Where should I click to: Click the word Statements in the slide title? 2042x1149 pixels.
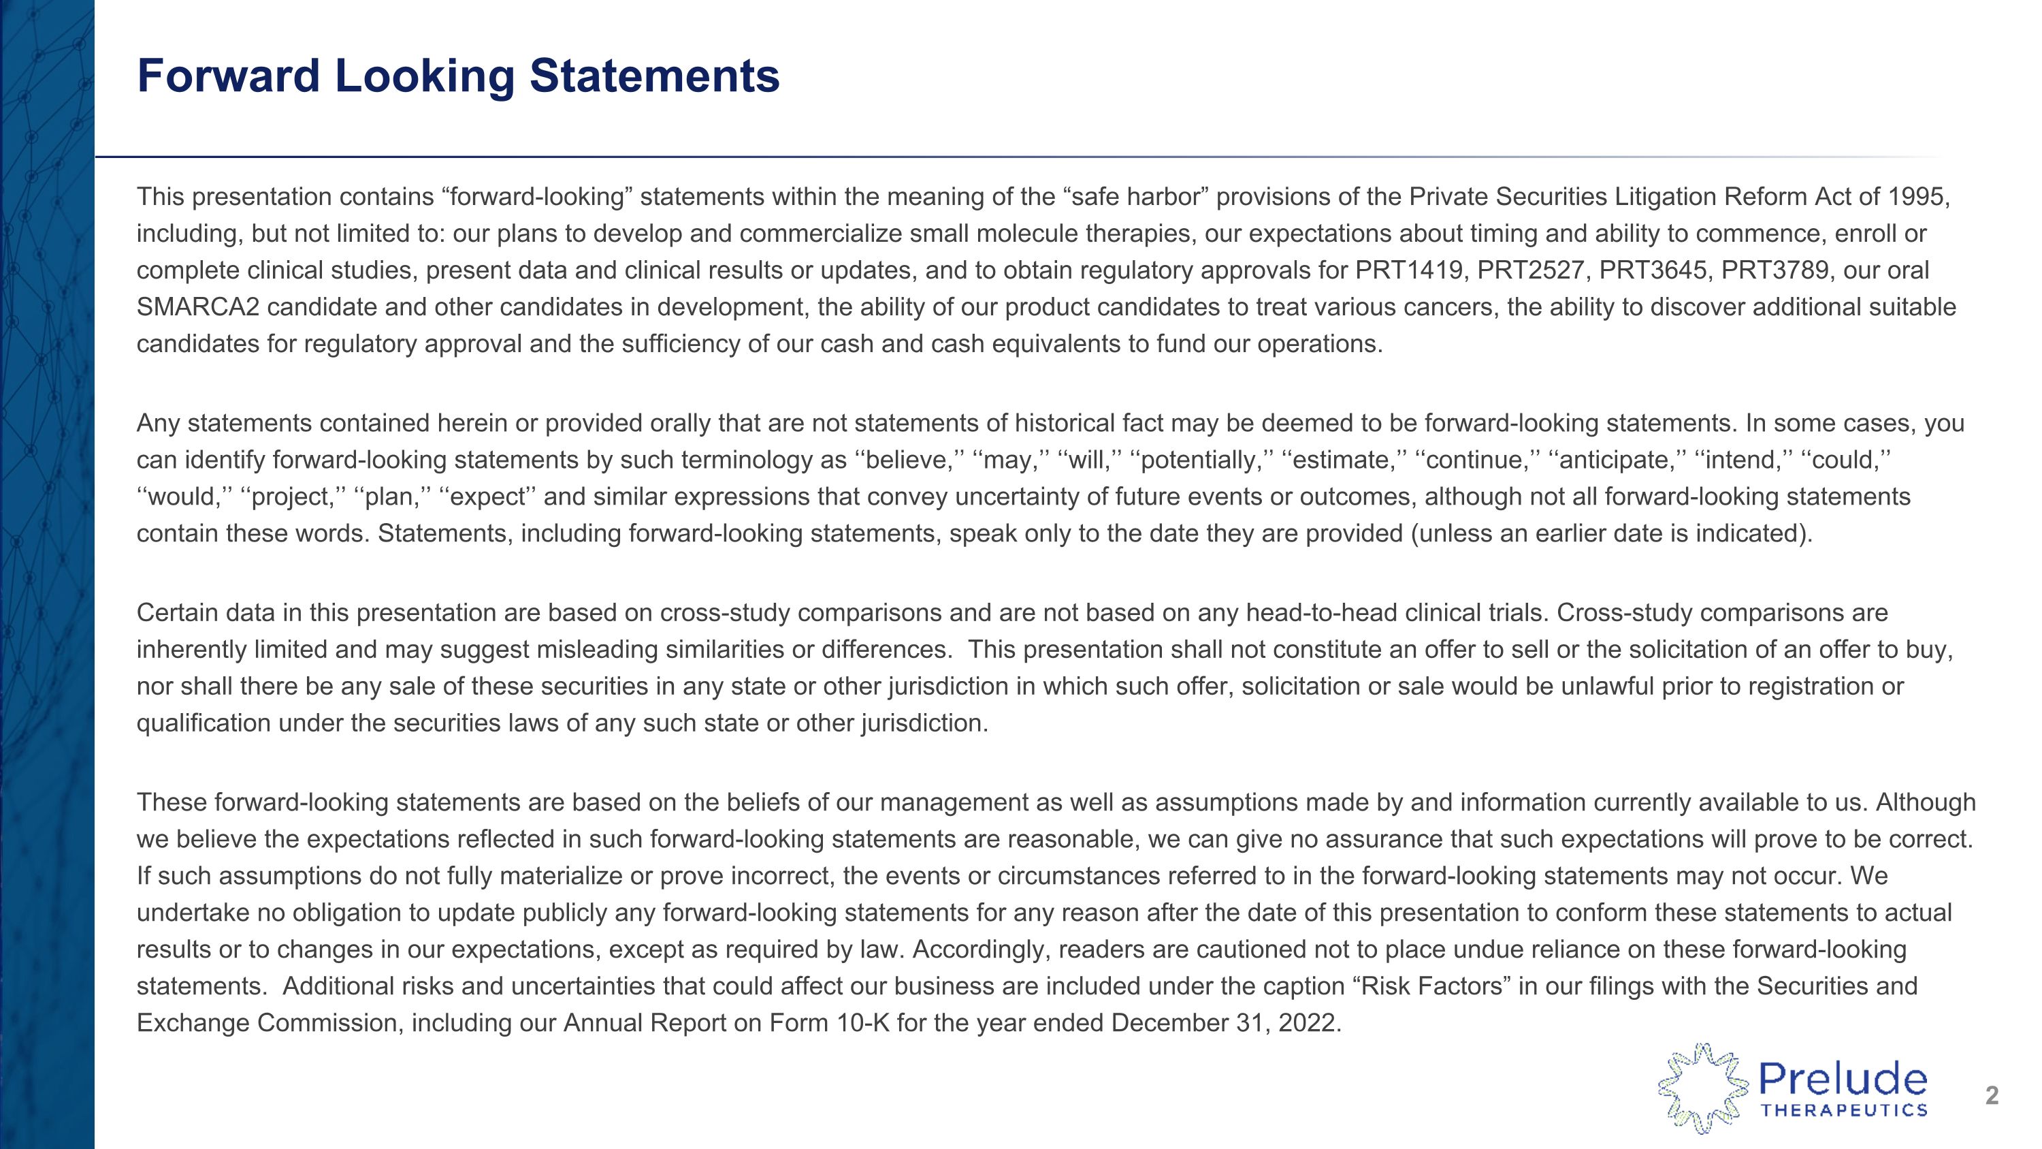(654, 77)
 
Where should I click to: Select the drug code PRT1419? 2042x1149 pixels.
(1408, 270)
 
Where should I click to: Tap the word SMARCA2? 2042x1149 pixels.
(198, 307)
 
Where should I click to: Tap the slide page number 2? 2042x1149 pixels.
(1991, 1096)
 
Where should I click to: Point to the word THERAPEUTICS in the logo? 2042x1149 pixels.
(1844, 1110)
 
